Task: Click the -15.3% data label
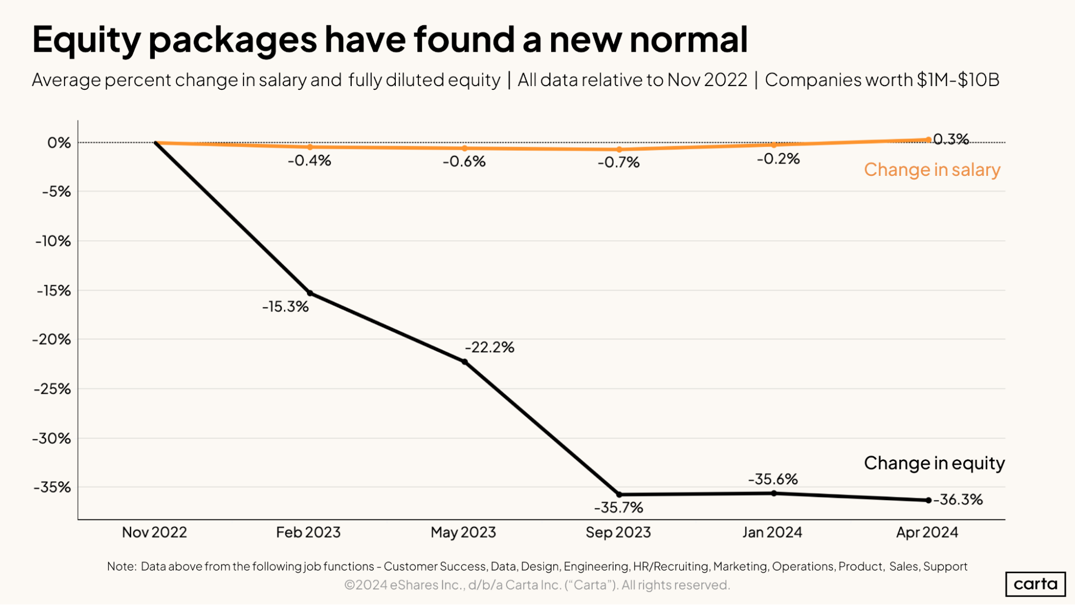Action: (x=285, y=307)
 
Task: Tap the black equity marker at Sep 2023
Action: (x=619, y=494)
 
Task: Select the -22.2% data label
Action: (x=489, y=347)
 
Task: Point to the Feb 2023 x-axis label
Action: (x=308, y=532)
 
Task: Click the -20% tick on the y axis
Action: (x=52, y=339)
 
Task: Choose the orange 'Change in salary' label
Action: (x=932, y=170)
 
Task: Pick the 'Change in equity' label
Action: (x=934, y=463)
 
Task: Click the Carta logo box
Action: (x=1035, y=584)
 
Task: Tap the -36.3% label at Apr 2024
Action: (x=958, y=500)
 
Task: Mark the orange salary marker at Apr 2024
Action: (x=928, y=140)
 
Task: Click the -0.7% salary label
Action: (x=618, y=162)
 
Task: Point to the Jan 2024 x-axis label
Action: (x=772, y=532)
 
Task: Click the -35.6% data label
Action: (x=773, y=479)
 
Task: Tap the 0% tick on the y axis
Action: (x=59, y=143)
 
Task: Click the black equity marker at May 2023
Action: (x=465, y=362)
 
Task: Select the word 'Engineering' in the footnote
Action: (x=596, y=566)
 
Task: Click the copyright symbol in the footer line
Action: (x=350, y=585)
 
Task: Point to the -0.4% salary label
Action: (x=309, y=161)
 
